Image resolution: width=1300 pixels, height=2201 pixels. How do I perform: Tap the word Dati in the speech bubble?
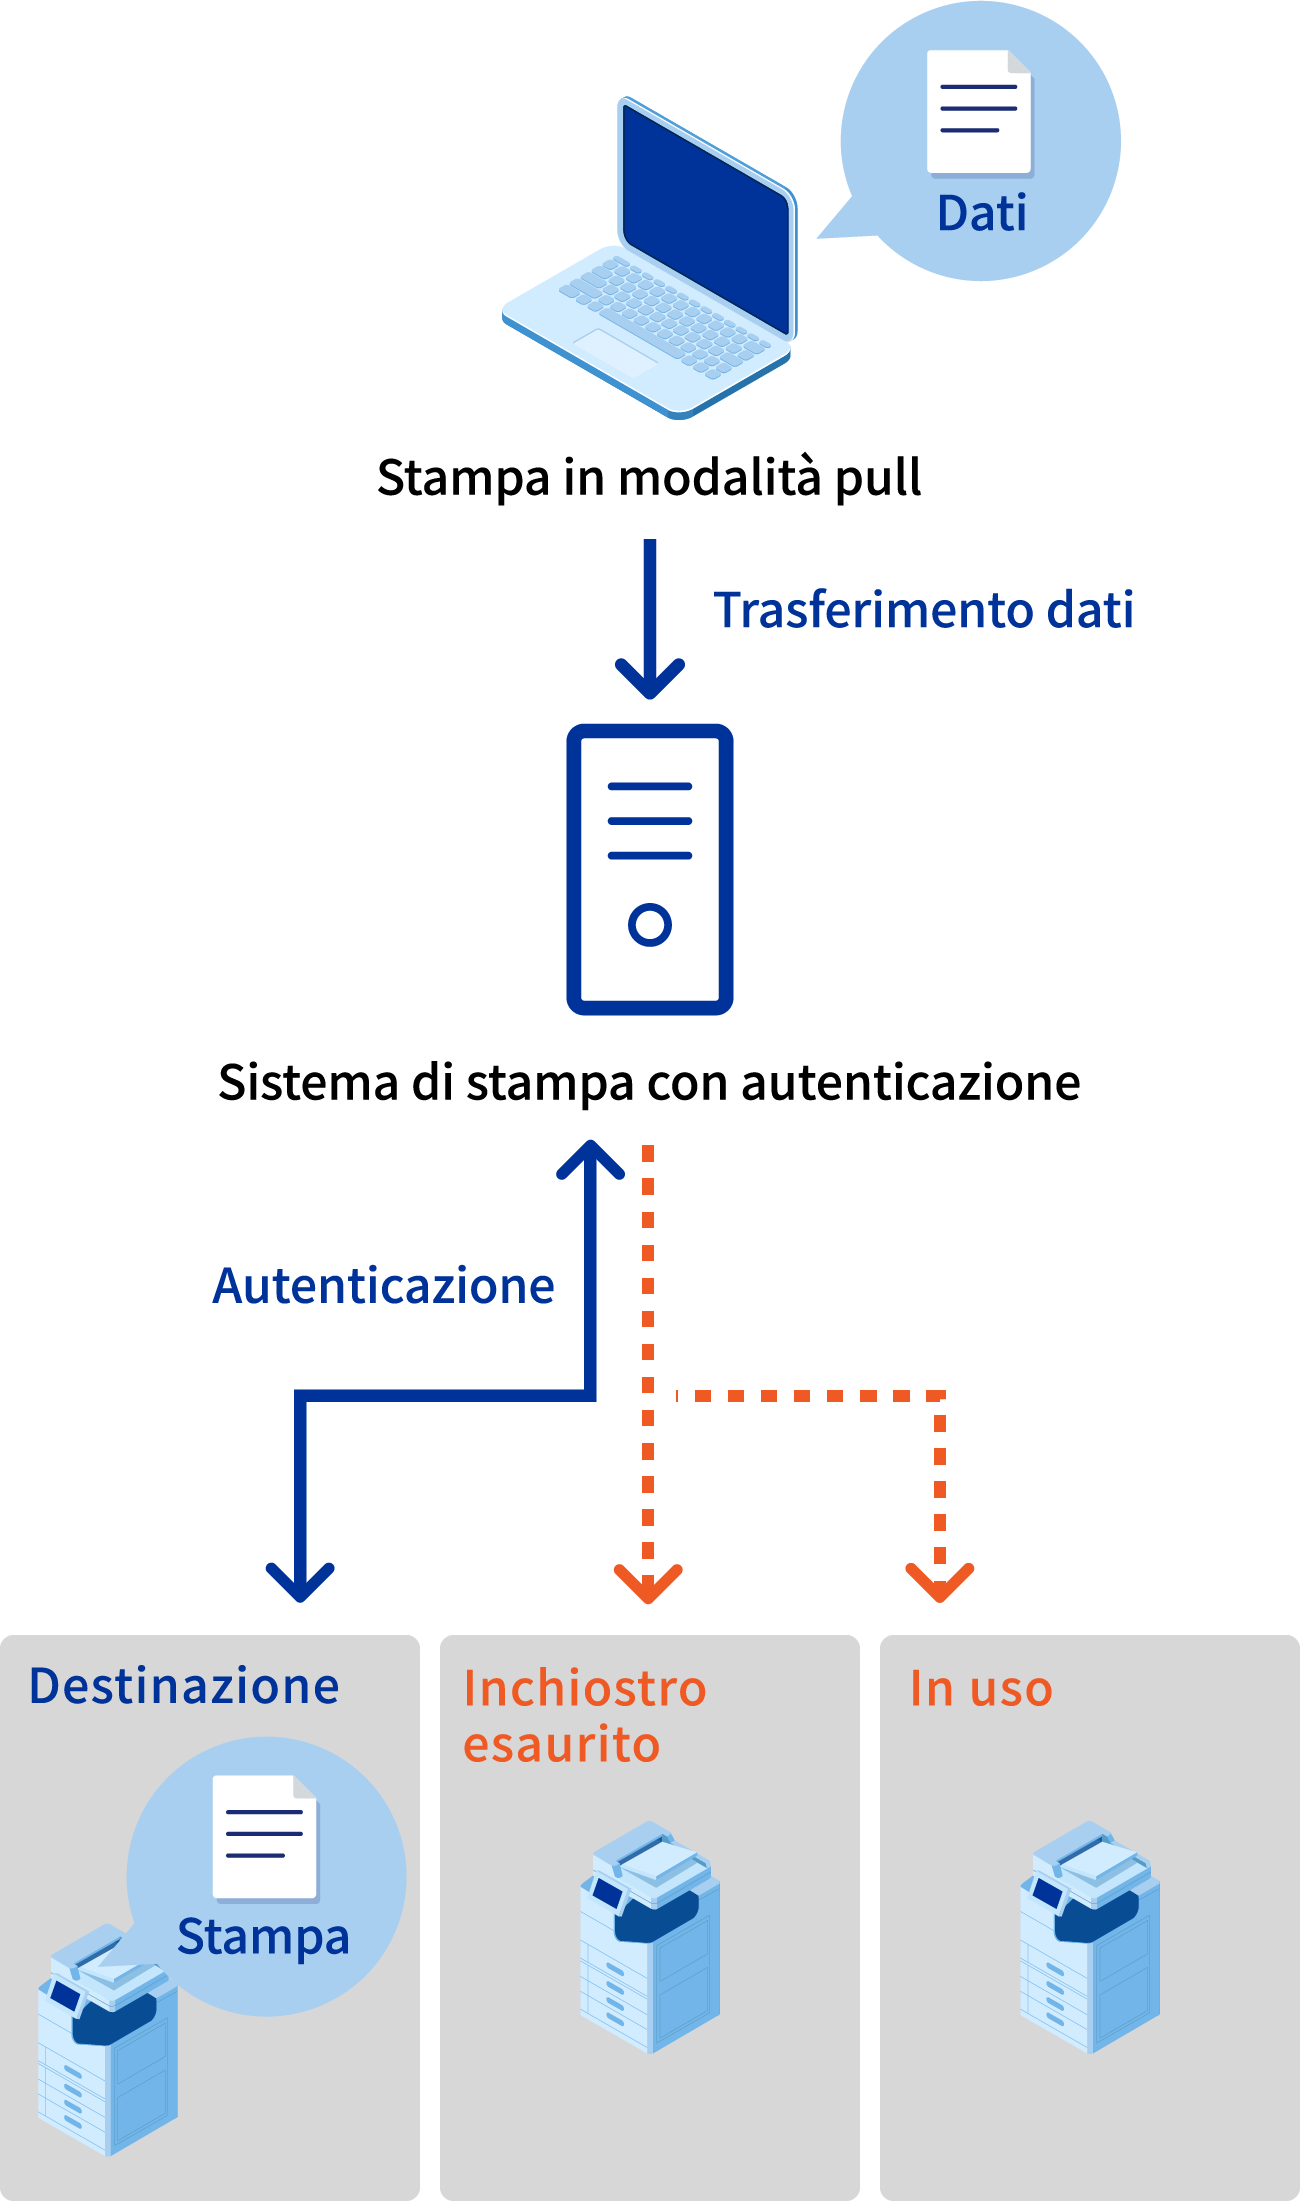point(981,213)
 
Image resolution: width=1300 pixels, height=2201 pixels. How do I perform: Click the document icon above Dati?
point(979,111)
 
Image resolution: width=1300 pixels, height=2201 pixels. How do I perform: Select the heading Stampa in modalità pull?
point(649,478)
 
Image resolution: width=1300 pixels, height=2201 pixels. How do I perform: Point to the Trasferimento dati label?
point(923,610)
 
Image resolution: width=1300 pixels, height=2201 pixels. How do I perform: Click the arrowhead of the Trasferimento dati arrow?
point(650,683)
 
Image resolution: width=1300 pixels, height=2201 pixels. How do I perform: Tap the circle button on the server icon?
point(650,924)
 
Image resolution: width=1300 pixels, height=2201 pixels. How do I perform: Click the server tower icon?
point(650,868)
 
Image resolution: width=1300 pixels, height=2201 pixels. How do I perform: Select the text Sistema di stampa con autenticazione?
point(649,1083)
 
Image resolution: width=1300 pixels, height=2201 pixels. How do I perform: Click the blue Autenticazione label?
point(384,1286)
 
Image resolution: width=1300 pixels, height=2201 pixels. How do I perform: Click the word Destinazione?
point(184,1686)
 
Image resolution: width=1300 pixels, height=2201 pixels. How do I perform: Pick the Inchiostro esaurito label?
point(584,1716)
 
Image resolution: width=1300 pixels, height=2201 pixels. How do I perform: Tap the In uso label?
point(980,1689)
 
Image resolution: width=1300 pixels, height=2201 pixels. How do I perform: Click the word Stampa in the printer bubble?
point(263,1937)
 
